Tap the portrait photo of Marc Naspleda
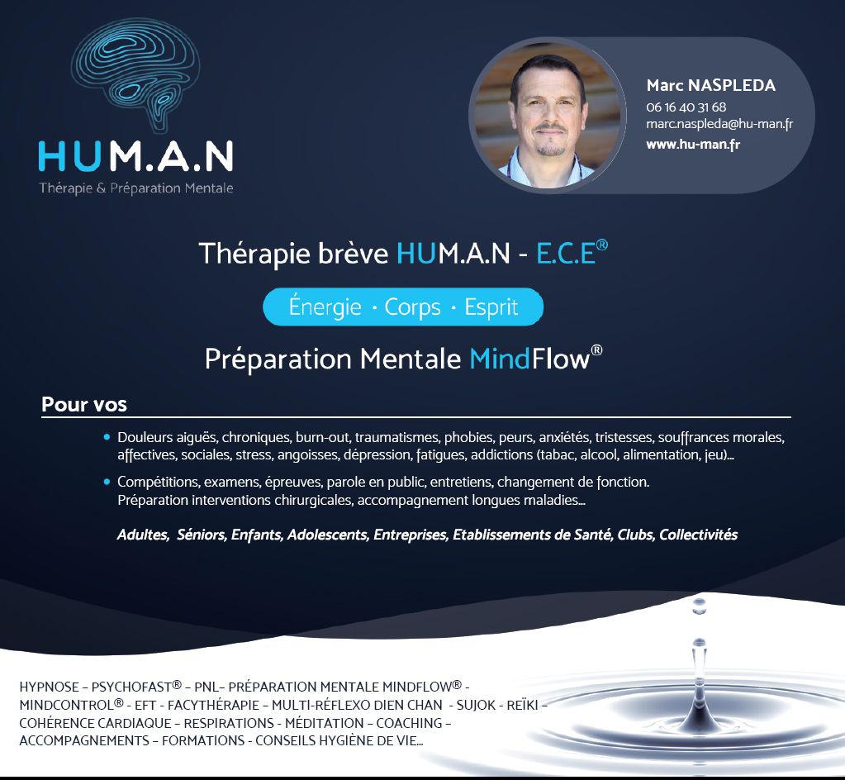click(x=548, y=116)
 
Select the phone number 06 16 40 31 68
click(x=686, y=107)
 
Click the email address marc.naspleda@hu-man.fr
click(x=719, y=125)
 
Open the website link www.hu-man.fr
click(x=693, y=145)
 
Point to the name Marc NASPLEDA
click(x=711, y=85)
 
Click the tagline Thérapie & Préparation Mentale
click(x=136, y=188)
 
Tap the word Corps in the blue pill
click(x=412, y=308)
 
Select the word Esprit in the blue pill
click(x=491, y=308)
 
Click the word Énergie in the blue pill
click(x=325, y=306)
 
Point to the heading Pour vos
click(x=84, y=404)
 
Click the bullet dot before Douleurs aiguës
click(x=107, y=436)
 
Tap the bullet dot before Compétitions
click(x=107, y=482)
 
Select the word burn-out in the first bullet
click(x=323, y=437)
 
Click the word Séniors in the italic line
click(x=202, y=535)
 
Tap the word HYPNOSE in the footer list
click(x=49, y=687)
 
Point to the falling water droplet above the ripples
click(x=699, y=606)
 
